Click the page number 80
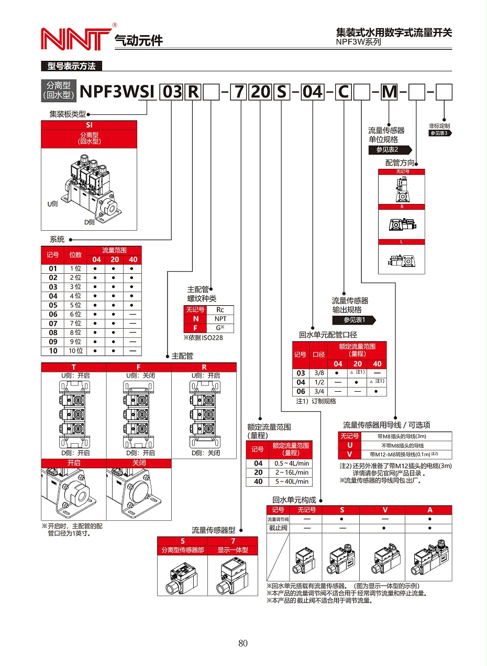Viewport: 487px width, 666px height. point(242,643)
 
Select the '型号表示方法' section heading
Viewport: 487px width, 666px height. point(71,66)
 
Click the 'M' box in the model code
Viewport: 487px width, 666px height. point(389,92)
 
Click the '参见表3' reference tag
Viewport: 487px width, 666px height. point(440,133)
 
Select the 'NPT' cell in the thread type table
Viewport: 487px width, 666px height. point(220,319)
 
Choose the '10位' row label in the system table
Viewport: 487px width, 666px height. point(75,351)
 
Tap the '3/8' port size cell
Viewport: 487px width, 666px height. point(318,373)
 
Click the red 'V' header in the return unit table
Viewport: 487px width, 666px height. point(385,510)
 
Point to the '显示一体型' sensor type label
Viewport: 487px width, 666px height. point(233,550)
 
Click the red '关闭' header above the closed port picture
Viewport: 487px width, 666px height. point(139,463)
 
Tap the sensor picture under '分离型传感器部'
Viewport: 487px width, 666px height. point(182,577)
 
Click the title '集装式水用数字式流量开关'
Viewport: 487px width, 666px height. point(394,33)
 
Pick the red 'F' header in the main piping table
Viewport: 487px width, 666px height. point(139,367)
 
